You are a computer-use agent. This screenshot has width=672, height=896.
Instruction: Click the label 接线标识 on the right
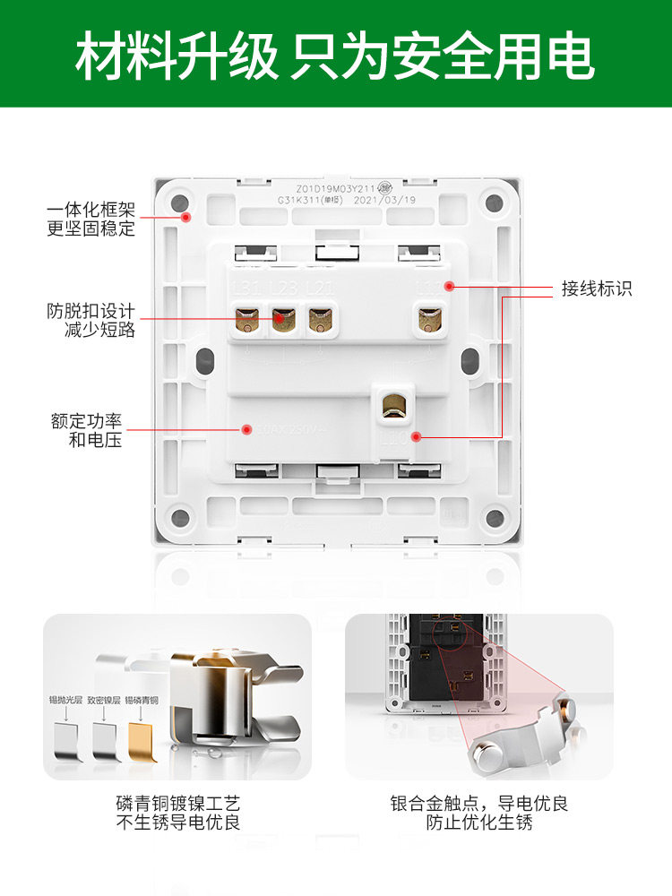coord(597,289)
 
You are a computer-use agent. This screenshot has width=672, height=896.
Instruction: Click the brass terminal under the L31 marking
coord(246,318)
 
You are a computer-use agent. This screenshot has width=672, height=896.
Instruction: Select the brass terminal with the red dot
coord(283,318)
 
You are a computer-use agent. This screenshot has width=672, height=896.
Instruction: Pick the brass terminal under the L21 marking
coord(319,318)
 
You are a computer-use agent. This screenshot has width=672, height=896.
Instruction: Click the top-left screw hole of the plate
coord(179,202)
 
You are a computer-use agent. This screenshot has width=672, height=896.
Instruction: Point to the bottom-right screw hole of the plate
coord(494,517)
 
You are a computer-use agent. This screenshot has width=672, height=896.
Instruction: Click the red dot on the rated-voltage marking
coord(245,430)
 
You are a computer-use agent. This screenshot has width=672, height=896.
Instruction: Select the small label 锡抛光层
coord(65,700)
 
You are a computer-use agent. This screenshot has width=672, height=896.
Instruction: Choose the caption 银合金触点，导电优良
coord(479,804)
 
